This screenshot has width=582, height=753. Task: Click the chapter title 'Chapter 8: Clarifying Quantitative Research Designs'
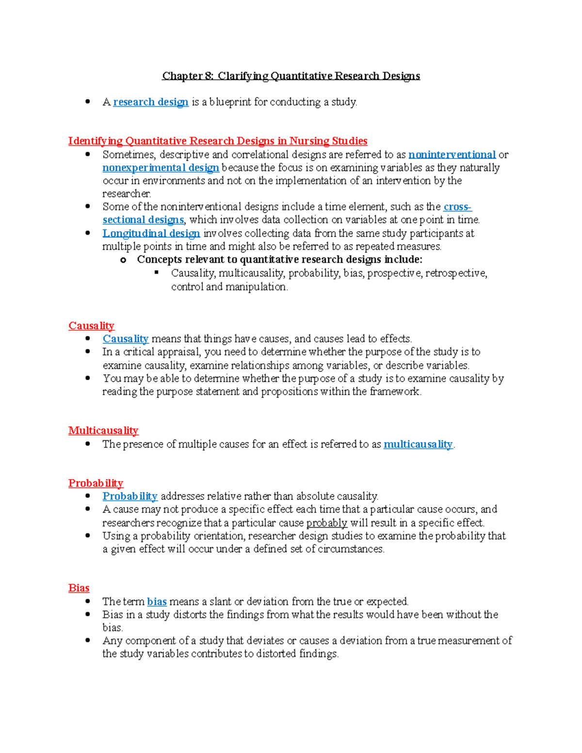click(291, 76)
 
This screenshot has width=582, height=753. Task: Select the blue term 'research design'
click(150, 102)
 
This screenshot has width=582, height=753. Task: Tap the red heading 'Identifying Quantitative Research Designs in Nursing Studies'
click(218, 141)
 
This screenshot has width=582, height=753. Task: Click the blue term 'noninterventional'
click(452, 155)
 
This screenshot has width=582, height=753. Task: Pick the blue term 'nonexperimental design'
click(161, 168)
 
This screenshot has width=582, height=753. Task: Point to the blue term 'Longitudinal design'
click(151, 233)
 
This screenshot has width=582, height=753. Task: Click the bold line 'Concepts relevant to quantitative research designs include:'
click(279, 259)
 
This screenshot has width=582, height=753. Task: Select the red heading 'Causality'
click(91, 326)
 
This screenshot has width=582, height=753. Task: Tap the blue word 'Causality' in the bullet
click(125, 339)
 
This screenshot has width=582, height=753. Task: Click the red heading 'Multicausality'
click(103, 431)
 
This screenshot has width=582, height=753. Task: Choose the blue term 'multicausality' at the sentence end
click(418, 444)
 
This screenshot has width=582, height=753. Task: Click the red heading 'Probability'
click(96, 483)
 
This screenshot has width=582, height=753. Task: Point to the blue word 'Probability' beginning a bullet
click(129, 497)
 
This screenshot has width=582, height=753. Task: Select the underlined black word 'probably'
click(326, 523)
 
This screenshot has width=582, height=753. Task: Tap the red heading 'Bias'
click(79, 588)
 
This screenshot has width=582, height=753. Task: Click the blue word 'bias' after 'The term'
click(157, 602)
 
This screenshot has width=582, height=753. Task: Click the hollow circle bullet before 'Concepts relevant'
click(123, 260)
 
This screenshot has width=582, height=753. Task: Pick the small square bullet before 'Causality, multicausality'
click(157, 272)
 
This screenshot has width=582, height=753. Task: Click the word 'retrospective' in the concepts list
click(456, 273)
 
